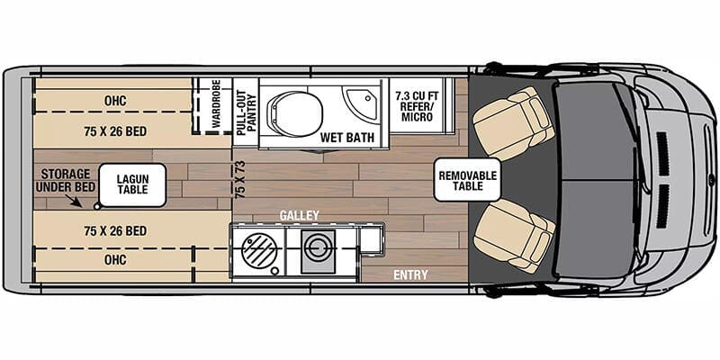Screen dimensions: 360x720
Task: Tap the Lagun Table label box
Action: point(132,184)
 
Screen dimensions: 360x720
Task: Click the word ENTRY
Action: point(410,274)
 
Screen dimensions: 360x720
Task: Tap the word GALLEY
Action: point(299,216)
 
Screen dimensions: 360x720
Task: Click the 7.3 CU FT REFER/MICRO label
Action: point(415,103)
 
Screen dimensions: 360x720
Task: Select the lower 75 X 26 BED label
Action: point(115,231)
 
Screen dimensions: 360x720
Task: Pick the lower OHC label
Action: point(114,262)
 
